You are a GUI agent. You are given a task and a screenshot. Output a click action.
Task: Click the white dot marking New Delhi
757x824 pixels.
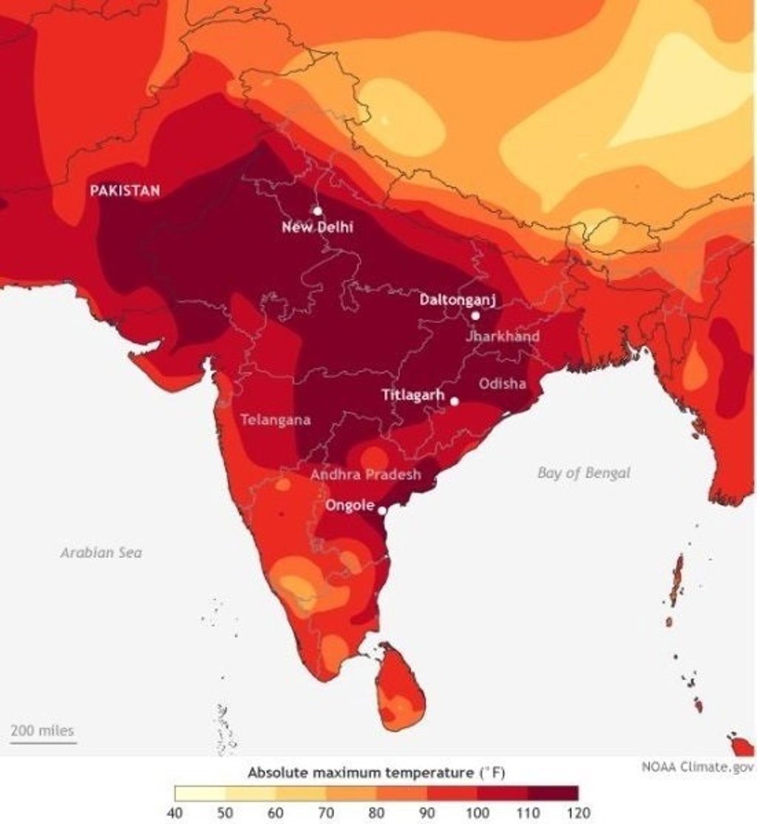pyautogui.click(x=318, y=211)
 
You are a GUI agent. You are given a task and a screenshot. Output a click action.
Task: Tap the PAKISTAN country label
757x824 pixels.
pyautogui.click(x=125, y=191)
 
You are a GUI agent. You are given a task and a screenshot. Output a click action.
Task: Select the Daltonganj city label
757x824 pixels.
pyautogui.click(x=457, y=300)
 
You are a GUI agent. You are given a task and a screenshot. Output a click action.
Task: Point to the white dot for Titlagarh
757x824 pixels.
pyautogui.click(x=455, y=401)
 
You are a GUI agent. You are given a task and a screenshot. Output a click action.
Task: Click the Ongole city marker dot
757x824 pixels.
pyautogui.click(x=382, y=511)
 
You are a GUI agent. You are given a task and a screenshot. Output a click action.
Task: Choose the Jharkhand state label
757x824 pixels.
pyautogui.click(x=503, y=336)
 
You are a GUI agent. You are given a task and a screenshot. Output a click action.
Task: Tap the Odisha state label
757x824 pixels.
pyautogui.click(x=503, y=384)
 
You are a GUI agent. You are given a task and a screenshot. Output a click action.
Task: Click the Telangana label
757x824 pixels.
pyautogui.click(x=276, y=420)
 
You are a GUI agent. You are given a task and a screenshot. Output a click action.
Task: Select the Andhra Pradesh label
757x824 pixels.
pyautogui.click(x=365, y=474)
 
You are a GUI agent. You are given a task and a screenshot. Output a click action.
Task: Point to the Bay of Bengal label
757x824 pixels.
pyautogui.click(x=584, y=473)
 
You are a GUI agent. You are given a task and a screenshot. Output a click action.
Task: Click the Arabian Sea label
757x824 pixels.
pyautogui.click(x=101, y=552)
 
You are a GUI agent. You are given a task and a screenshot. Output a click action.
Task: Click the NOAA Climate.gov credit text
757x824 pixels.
pyautogui.click(x=698, y=767)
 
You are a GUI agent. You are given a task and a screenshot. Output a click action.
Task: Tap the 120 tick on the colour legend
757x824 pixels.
pyautogui.click(x=578, y=814)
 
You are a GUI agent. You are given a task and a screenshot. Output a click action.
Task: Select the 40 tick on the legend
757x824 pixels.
pyautogui.click(x=175, y=814)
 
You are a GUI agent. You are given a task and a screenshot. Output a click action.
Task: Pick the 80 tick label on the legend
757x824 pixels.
pyautogui.click(x=376, y=814)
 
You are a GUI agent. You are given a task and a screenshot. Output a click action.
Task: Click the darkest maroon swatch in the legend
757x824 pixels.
pyautogui.click(x=553, y=794)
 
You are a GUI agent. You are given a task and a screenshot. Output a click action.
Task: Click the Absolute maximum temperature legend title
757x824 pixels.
pyautogui.click(x=376, y=773)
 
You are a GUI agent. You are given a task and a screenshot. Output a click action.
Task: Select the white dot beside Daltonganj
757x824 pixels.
pyautogui.click(x=475, y=316)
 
